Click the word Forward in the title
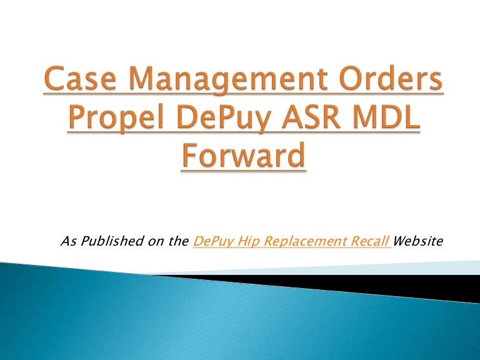pyautogui.click(x=244, y=156)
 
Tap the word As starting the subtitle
pyautogui.click(x=66, y=241)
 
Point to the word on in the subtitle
pyautogui.click(x=154, y=241)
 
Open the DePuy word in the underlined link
pyautogui.click(x=211, y=241)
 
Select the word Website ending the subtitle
pyautogui.click(x=418, y=241)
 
